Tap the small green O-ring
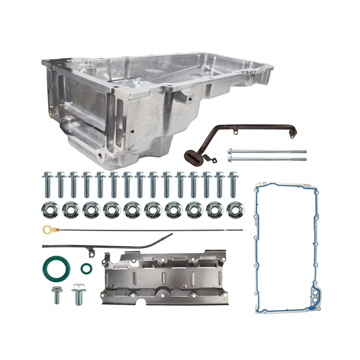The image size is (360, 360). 86,269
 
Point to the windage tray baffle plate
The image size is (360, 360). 164,278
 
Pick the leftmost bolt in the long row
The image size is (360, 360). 48,184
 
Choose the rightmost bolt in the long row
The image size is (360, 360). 233,184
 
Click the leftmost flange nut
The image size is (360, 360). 50,210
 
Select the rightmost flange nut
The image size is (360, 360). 235,210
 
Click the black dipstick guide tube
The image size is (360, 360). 108,246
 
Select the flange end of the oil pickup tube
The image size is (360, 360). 293,132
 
